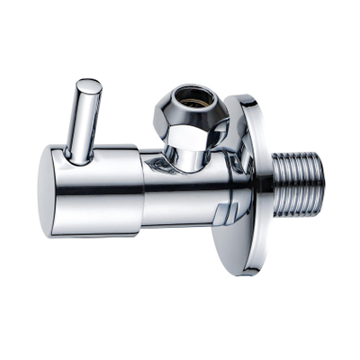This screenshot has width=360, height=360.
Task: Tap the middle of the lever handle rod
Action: [x=84, y=121]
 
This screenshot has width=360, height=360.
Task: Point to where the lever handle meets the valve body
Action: [x=79, y=160]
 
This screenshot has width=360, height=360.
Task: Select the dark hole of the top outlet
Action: [x=193, y=94]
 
